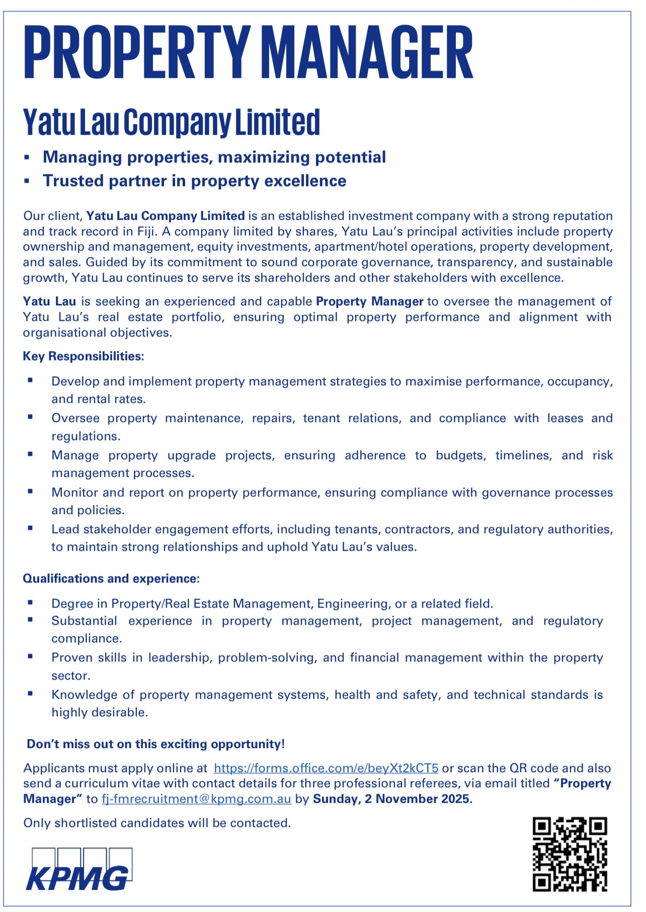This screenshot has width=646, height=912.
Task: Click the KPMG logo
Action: tap(79, 869)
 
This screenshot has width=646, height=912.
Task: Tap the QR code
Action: tap(570, 854)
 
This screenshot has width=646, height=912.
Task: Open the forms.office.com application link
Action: tap(326, 768)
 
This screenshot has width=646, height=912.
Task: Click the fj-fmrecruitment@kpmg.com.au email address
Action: tap(196, 799)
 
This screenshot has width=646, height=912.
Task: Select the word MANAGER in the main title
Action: tap(368, 53)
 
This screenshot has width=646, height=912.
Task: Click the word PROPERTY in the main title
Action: tap(137, 53)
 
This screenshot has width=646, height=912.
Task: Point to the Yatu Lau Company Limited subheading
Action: tap(172, 122)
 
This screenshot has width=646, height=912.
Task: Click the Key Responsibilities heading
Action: tap(84, 356)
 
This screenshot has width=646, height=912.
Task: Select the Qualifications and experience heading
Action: tap(111, 578)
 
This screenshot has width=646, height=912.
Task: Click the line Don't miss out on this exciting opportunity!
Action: tap(156, 744)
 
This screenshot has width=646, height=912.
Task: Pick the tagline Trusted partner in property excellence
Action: tap(195, 181)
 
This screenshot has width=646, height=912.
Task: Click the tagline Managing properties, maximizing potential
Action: tap(214, 157)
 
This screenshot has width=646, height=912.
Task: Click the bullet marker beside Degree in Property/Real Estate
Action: tap(31, 602)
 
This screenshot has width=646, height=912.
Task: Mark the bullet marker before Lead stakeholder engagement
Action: tap(31, 528)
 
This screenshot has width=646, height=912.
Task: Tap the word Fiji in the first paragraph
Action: tap(146, 231)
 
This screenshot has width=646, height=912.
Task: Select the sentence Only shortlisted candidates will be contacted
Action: tap(157, 823)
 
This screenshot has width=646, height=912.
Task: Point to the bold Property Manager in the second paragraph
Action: tap(369, 301)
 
